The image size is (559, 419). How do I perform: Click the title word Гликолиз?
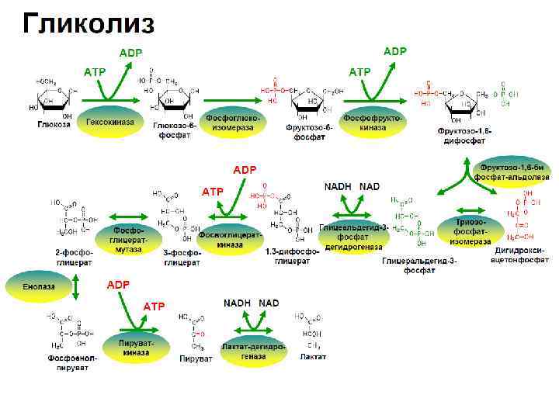click(x=88, y=23)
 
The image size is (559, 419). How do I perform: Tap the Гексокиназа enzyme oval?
click(x=110, y=122)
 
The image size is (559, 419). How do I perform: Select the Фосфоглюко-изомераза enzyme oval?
click(x=234, y=122)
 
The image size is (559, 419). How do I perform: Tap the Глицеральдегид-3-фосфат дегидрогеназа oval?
click(x=352, y=237)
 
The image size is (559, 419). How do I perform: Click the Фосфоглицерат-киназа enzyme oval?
click(x=230, y=239)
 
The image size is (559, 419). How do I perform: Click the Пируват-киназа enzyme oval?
click(x=137, y=348)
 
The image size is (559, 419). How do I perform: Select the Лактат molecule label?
click(x=313, y=357)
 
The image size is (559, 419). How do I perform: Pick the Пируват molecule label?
click(x=196, y=359)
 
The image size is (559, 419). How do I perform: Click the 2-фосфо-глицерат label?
click(x=74, y=258)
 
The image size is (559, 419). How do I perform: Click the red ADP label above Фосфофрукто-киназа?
click(x=395, y=51)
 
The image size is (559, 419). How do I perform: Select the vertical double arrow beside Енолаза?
click(x=77, y=286)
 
